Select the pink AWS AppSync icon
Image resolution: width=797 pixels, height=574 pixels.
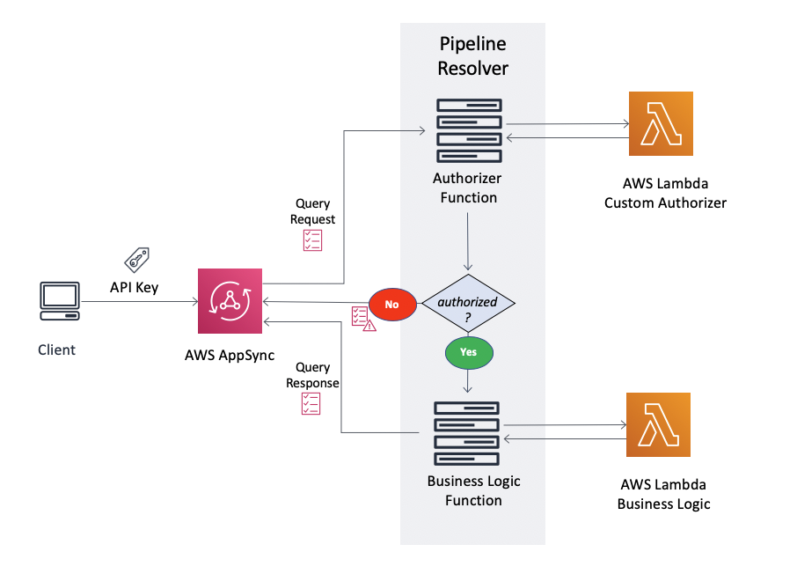pyautogui.click(x=230, y=302)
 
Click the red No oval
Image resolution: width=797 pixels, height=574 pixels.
pyautogui.click(x=391, y=304)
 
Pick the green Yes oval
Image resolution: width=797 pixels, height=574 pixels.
pyautogui.click(x=468, y=351)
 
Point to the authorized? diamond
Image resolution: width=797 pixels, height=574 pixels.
pyautogui.click(x=468, y=303)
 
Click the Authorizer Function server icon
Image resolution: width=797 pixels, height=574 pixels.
pyautogui.click(x=469, y=131)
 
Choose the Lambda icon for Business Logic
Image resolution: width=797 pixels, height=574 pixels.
pyautogui.click(x=658, y=425)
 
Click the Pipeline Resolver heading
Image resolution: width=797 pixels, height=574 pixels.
pyautogui.click(x=473, y=55)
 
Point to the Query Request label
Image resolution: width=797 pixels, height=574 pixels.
pyautogui.click(x=314, y=211)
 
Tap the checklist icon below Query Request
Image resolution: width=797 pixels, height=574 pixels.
pyautogui.click(x=312, y=240)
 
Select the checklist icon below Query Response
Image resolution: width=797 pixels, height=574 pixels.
pyautogui.click(x=311, y=403)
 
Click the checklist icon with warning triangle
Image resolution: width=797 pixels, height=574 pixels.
pyautogui.click(x=362, y=318)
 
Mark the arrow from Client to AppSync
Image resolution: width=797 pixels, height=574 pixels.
pyautogui.click(x=141, y=302)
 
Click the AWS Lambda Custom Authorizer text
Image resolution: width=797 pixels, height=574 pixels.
pyautogui.click(x=665, y=193)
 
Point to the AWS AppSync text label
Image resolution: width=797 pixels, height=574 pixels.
pyautogui.click(x=230, y=356)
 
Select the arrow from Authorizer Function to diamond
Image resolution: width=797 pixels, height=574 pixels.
pyautogui.click(x=468, y=242)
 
